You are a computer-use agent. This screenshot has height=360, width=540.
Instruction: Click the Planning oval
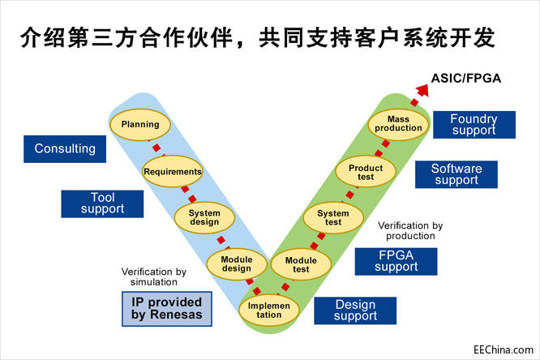point(140,125)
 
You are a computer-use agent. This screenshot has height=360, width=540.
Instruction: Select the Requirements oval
point(172,171)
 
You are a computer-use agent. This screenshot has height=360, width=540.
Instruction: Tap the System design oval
point(204,217)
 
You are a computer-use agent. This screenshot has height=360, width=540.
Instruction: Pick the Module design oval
point(237,264)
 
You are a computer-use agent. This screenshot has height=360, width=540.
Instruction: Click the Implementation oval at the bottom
point(269,310)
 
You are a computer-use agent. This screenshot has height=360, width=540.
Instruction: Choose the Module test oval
point(301,264)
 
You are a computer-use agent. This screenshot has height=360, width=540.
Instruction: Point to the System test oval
point(333,217)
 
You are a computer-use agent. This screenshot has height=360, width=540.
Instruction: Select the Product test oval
point(366,171)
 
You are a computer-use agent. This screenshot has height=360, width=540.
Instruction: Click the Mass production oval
point(398,124)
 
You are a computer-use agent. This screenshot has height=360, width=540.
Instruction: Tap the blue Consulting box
point(65,148)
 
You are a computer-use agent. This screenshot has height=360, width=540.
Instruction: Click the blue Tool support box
point(102,204)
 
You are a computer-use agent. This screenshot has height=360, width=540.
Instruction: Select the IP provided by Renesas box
point(166,308)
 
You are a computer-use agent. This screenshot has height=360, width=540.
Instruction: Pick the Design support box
point(355,311)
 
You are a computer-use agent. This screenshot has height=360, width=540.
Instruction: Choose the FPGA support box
point(396,261)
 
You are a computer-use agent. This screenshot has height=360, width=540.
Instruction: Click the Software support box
point(456,174)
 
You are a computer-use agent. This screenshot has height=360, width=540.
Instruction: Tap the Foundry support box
point(474,124)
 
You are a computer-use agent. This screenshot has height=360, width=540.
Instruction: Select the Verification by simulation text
point(154,276)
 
